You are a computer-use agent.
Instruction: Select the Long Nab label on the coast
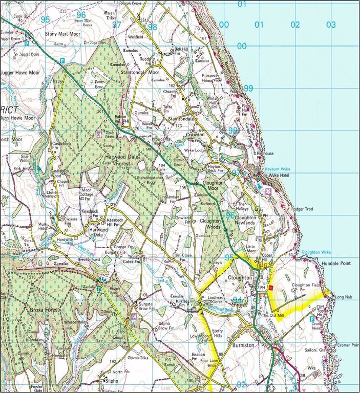[x=341, y=297]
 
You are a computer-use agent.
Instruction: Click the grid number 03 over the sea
[x=331, y=24]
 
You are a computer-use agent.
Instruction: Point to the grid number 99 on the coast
[x=248, y=89]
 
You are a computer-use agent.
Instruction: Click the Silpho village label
[x=111, y=381]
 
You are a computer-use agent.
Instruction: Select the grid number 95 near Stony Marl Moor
[x=45, y=20]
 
